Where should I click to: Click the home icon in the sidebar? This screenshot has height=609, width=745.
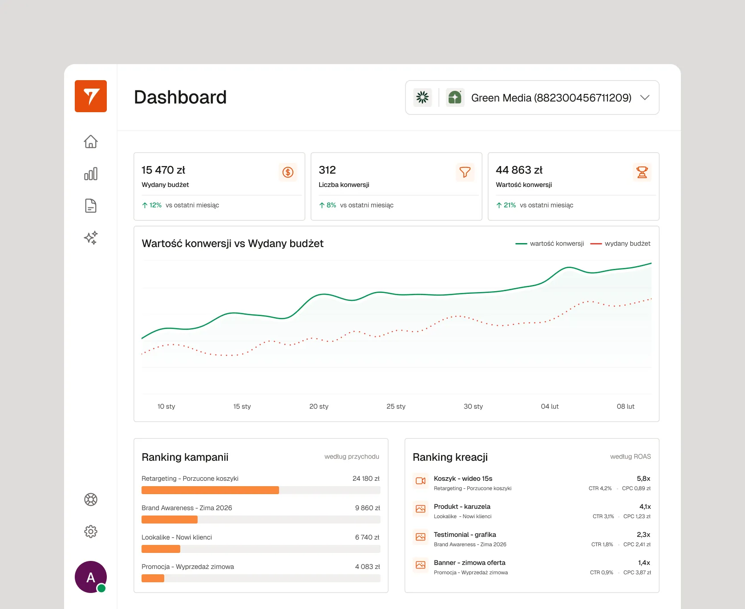[91, 142]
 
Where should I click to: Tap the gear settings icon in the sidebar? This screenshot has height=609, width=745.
[91, 531]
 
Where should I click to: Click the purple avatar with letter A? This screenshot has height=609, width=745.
[90, 577]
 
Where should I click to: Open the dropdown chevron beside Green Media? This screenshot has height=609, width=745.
[644, 97]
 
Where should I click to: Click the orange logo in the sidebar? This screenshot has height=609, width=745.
[91, 96]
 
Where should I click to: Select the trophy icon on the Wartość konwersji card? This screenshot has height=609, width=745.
[642, 172]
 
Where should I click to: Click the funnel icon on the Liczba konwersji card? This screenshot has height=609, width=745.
[465, 172]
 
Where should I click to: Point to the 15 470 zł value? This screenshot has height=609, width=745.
[163, 170]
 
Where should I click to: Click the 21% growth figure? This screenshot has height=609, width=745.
[509, 205]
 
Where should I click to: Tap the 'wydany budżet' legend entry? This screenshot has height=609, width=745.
[627, 244]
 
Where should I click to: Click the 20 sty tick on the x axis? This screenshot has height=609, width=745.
[319, 406]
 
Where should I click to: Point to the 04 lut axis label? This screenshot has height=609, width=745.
[550, 406]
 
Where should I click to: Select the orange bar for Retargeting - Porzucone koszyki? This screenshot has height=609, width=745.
[210, 490]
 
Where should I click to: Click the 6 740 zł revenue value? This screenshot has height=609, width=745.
[367, 537]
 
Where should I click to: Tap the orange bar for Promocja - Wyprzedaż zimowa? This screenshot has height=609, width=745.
[153, 578]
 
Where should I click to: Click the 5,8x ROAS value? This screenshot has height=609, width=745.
[643, 479]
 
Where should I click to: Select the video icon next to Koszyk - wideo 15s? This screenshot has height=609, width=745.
[420, 481]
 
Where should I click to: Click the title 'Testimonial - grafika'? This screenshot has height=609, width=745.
[465, 535]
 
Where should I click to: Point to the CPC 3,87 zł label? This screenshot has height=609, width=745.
[637, 572]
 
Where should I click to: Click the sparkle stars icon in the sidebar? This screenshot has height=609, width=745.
[91, 238]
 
